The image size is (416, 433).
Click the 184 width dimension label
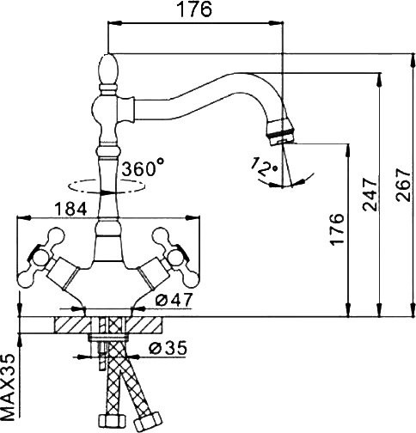70,209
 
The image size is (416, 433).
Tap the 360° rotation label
143,168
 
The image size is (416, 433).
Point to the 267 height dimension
402,186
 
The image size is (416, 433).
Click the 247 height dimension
370,194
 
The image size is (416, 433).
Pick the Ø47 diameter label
174,300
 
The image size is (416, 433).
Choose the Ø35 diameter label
168,348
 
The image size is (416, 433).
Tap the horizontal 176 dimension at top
195,9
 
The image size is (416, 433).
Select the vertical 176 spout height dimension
337,229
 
